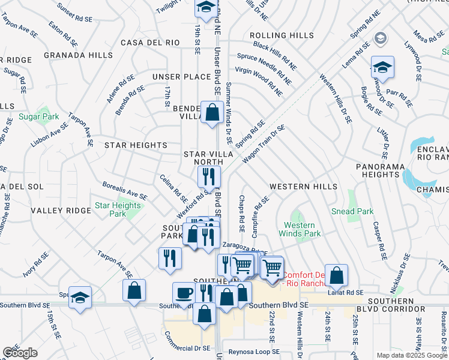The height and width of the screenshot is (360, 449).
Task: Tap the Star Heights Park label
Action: point(118,209)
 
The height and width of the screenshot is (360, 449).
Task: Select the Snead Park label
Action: point(352,211)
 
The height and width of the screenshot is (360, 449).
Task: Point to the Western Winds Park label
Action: point(299,229)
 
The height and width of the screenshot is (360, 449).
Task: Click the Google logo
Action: point(20,353)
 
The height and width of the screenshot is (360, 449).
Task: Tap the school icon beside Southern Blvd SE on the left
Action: point(80,298)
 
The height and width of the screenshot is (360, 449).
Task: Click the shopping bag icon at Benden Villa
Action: point(212,112)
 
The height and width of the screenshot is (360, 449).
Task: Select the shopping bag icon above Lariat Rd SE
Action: point(337,275)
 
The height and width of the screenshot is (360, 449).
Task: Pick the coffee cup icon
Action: point(184,293)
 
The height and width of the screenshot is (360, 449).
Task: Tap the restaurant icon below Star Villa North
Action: point(209,176)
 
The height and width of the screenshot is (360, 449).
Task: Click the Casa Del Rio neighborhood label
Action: point(150,43)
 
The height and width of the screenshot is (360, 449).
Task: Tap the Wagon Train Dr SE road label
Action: point(263,145)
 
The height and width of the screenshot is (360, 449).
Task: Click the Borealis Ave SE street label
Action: point(125,191)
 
